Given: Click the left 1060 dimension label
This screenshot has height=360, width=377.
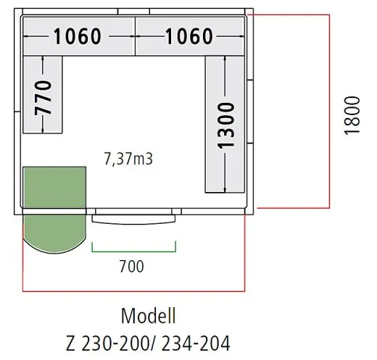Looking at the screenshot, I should click(78, 36).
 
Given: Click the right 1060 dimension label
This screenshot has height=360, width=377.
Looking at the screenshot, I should click(189, 36).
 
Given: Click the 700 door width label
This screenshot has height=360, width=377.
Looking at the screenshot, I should click(132, 267).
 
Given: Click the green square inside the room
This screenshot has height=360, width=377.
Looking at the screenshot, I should click(54, 188).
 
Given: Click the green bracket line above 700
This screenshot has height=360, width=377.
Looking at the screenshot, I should click(134, 251).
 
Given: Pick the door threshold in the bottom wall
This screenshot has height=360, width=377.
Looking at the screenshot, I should click(136, 218).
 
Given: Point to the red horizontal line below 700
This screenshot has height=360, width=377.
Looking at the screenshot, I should click(134, 290).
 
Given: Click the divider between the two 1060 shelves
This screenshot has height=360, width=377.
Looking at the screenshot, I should click(134, 36).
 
